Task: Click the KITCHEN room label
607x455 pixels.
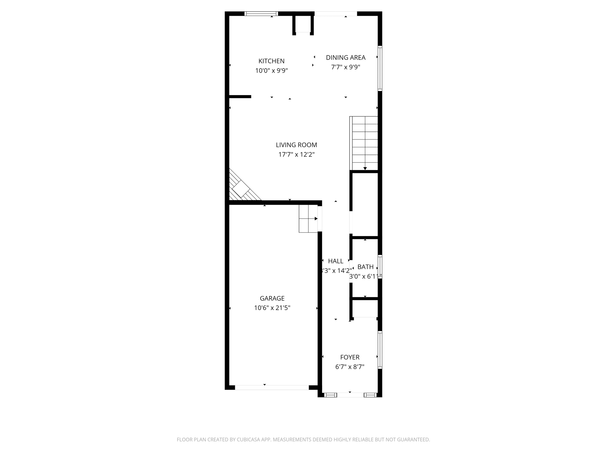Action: pyautogui.click(x=271, y=61)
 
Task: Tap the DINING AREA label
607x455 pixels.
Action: pyautogui.click(x=346, y=58)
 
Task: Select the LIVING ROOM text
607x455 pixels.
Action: pyautogui.click(x=296, y=145)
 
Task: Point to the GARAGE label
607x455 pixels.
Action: pyautogui.click(x=272, y=298)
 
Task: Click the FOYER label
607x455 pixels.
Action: pyautogui.click(x=350, y=357)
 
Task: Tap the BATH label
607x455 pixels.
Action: pyautogui.click(x=365, y=267)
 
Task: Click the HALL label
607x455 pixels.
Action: pyautogui.click(x=335, y=261)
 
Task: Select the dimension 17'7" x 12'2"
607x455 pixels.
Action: pyautogui.click(x=296, y=155)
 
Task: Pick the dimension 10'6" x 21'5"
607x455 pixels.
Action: pyautogui.click(x=272, y=308)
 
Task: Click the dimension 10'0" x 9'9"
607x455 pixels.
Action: pyautogui.click(x=271, y=70)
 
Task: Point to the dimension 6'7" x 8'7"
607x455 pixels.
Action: pyautogui.click(x=350, y=367)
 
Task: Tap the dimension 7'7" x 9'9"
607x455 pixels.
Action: pyautogui.click(x=346, y=67)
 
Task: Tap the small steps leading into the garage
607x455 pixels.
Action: pyautogui.click(x=308, y=219)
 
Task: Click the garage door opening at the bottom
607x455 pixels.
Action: pyautogui.click(x=272, y=387)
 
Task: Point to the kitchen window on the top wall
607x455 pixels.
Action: pyautogui.click(x=261, y=14)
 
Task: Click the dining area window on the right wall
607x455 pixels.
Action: pyautogui.click(x=380, y=68)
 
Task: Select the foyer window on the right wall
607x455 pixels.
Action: pyautogui.click(x=380, y=349)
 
